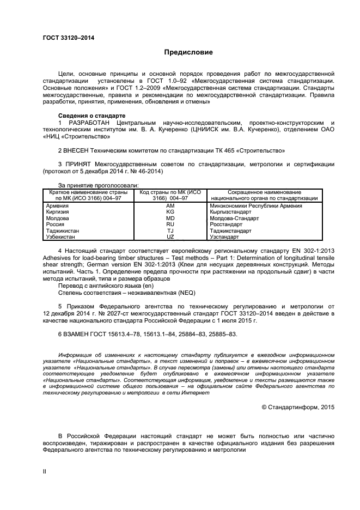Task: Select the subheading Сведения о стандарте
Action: point(91,116)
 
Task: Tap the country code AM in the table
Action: point(170,205)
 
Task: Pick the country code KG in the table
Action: point(170,212)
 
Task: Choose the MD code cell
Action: point(170,218)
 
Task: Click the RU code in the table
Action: point(170,224)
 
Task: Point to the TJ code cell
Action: point(170,231)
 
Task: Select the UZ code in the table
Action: point(170,237)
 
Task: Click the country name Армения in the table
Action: point(57,205)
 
